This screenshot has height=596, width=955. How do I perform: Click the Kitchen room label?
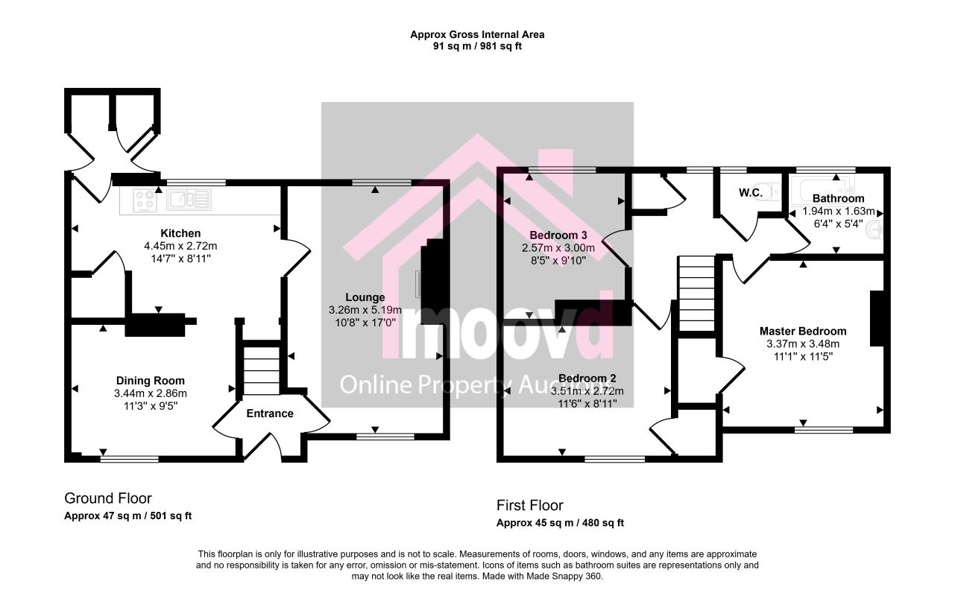tap(180, 233)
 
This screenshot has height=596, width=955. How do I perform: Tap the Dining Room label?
tap(151, 381)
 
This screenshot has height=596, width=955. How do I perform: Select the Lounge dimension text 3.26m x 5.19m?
tap(365, 310)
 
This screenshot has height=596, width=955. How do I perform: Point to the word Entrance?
tap(270, 413)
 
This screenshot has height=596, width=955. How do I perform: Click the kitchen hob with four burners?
tap(144, 200)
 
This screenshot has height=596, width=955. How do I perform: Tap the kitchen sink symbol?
tap(189, 200)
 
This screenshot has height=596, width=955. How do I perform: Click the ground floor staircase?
tap(262, 370)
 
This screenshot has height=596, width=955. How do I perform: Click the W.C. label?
tap(750, 193)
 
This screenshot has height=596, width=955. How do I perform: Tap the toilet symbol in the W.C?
tap(772, 191)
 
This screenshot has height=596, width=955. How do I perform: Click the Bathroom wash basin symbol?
tap(874, 230)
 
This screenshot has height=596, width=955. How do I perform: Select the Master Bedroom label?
tap(803, 331)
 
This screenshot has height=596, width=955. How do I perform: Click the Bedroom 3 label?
tap(558, 235)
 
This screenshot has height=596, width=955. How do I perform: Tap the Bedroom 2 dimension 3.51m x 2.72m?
tap(587, 391)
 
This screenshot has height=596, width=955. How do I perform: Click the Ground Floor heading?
tap(108, 498)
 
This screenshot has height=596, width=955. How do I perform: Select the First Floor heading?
tap(529, 505)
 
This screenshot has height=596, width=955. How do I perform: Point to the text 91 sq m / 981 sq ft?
tap(477, 46)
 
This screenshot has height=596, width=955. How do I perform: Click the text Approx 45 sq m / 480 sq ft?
tap(560, 523)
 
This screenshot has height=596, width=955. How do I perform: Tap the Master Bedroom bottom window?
tap(824, 430)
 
